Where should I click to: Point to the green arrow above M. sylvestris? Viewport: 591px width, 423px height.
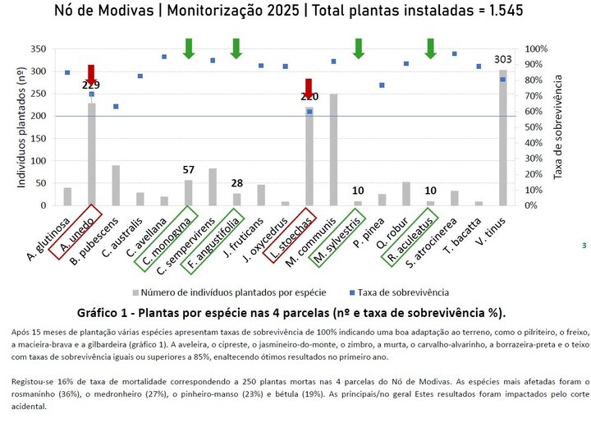click(x=358, y=48)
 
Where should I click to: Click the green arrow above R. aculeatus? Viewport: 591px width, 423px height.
click(x=430, y=48)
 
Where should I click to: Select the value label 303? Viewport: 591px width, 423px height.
click(x=502, y=60)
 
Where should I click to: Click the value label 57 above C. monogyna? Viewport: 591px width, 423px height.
click(x=188, y=170)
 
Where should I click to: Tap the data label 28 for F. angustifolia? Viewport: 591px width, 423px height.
click(x=236, y=183)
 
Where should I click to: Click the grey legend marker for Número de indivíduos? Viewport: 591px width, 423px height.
click(x=135, y=292)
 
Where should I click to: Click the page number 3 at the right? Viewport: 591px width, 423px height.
click(x=583, y=245)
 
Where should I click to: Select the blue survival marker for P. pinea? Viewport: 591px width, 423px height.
click(x=382, y=85)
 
